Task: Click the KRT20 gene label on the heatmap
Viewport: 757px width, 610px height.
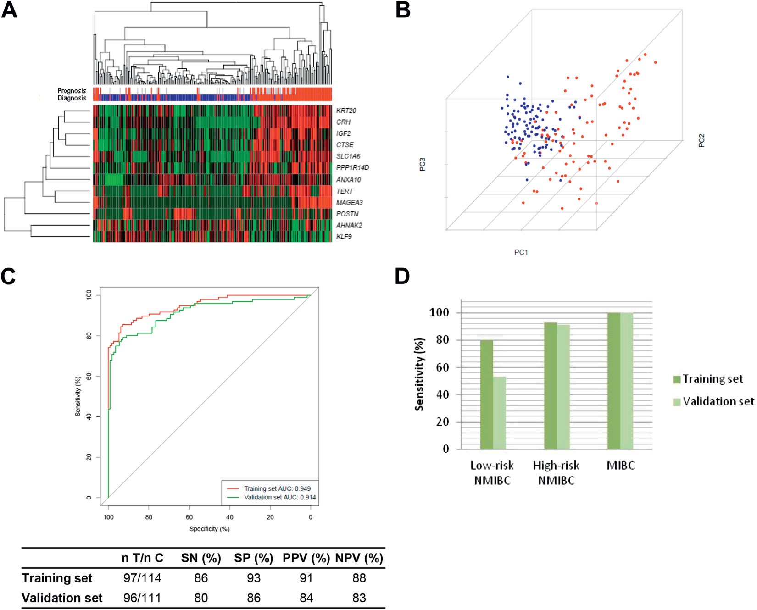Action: pos(346,111)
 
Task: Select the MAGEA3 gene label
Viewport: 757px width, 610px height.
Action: pos(349,202)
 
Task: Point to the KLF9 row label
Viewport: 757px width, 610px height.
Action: pos(344,237)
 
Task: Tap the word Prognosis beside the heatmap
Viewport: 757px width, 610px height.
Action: pos(72,91)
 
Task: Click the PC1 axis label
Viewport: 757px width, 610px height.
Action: pos(521,252)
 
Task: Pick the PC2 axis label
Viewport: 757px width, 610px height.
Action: pos(701,140)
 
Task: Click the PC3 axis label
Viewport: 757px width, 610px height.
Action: pos(423,164)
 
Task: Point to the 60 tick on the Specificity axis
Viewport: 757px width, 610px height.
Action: pos(189,517)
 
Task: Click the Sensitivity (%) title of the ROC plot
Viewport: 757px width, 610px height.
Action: pos(78,396)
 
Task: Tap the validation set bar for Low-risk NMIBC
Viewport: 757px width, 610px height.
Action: pos(499,413)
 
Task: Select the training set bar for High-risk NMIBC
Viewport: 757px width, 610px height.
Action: pos(551,386)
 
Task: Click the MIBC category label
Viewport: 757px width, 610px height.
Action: pos(620,466)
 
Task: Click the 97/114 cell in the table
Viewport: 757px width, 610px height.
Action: pos(142,578)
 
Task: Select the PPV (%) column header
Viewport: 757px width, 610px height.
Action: pos(306,558)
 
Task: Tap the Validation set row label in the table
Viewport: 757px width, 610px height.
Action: pos(62,598)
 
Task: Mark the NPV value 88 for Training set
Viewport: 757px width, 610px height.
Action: pos(359,578)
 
